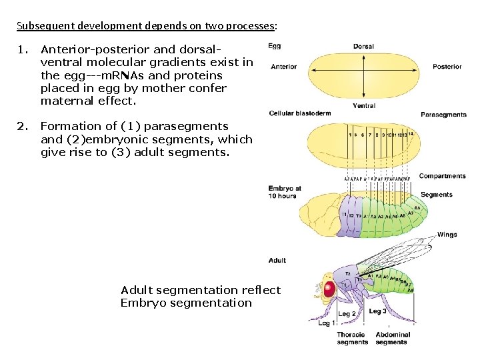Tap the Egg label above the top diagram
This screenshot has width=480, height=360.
click(274, 46)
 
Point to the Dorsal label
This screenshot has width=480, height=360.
click(363, 47)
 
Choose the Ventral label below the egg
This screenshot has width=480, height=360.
click(363, 105)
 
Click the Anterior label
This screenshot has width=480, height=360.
click(284, 67)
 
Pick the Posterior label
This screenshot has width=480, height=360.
click(447, 67)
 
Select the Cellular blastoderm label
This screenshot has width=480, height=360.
click(299, 113)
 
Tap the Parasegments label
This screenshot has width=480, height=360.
click(443, 115)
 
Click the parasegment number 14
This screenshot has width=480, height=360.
click(411, 134)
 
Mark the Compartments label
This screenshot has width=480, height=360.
click(442, 176)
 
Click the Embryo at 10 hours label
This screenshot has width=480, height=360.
click(285, 192)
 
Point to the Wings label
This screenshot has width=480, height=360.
click(447, 235)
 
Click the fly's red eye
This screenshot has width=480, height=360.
click(329, 289)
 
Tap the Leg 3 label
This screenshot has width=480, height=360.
click(377, 311)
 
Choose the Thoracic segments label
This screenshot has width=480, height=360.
click(352, 338)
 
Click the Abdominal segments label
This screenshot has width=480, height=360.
click(393, 338)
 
